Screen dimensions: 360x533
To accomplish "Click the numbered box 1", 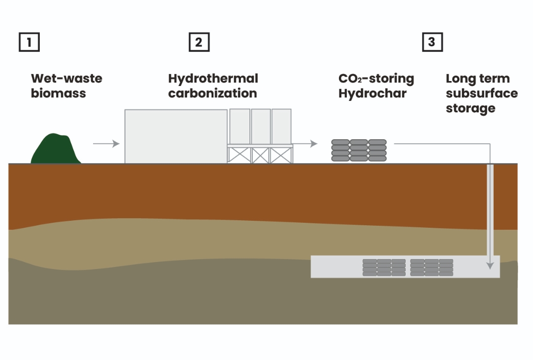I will (x=29, y=42).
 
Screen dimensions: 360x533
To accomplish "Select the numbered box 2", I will (x=199, y=42).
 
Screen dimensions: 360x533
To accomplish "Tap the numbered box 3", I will (x=432, y=42).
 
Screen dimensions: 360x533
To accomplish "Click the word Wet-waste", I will (x=66, y=79).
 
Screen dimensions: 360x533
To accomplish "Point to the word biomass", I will (x=58, y=93).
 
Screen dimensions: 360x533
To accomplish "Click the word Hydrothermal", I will (x=213, y=79).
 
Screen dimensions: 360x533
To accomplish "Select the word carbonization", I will (x=213, y=93).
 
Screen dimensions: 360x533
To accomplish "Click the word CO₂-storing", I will (x=376, y=79).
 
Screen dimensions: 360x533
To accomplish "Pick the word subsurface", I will (x=481, y=93).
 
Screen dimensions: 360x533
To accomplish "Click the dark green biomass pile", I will (x=56, y=149).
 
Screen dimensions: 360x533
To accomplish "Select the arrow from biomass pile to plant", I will (x=106, y=144).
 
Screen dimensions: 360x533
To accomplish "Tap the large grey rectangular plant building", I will (x=176, y=136).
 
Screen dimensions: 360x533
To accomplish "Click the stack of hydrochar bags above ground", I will (x=359, y=150).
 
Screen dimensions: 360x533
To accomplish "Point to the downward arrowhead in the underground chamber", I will (x=491, y=266).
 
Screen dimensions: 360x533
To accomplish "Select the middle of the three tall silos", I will (x=261, y=126).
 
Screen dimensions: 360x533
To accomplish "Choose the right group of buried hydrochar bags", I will (x=431, y=267).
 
